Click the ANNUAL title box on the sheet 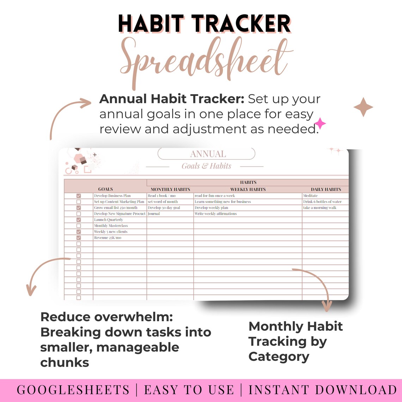tap(206, 154)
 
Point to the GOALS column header tap(105, 189)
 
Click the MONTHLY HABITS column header tap(170, 189)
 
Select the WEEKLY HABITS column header tap(248, 189)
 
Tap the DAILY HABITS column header tap(326, 189)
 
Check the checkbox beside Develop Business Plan tap(79, 196)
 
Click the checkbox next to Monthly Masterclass tap(79, 226)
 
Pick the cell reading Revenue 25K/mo tap(108, 238)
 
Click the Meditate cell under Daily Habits tap(311, 196)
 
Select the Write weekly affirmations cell tap(216, 214)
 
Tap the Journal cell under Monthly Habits tap(154, 214)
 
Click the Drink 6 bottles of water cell tap(322, 202)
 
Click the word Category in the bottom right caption tap(279, 357)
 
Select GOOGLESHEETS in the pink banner tap(73, 390)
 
